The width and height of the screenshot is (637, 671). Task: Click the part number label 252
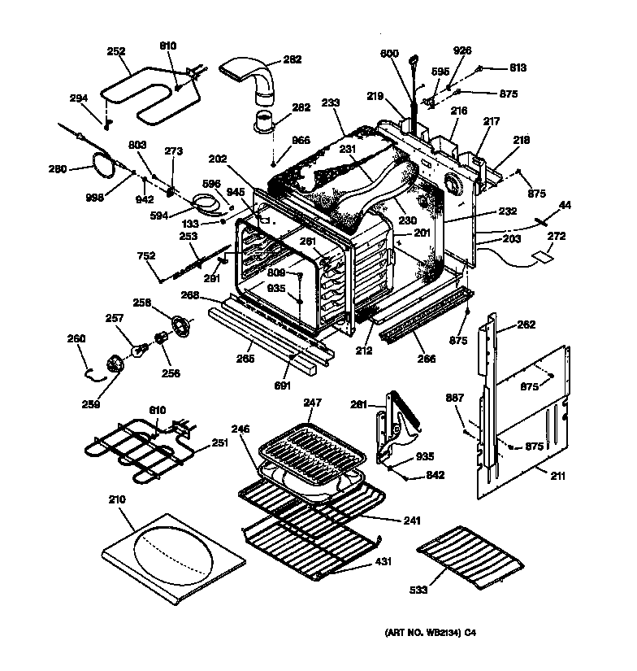(116, 50)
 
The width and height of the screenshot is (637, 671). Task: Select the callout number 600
(391, 54)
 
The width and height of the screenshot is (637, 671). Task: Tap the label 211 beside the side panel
(557, 476)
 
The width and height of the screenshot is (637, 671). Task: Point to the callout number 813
(518, 68)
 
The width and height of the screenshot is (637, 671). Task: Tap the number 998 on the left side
(95, 198)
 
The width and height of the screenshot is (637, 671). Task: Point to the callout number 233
(331, 103)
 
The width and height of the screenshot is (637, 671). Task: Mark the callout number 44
(565, 204)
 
